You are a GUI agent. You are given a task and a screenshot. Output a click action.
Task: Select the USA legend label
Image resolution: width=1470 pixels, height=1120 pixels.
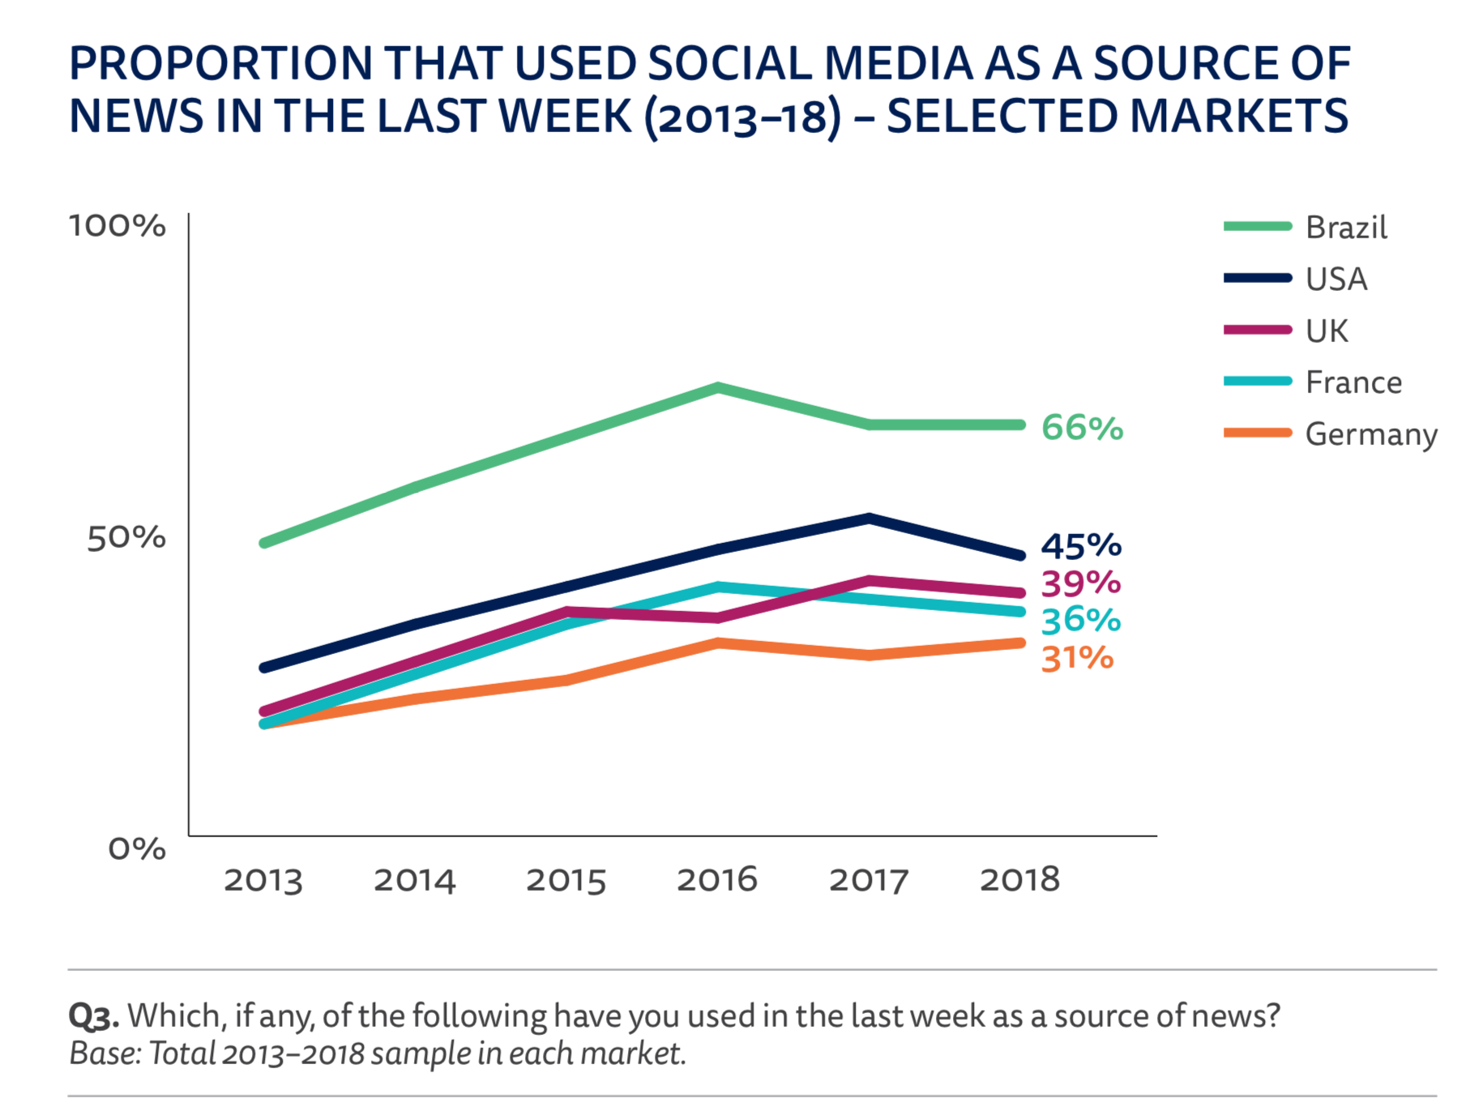[x=1335, y=280]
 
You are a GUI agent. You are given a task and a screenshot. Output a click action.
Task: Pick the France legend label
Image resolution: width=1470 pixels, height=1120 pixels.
[x=1352, y=383]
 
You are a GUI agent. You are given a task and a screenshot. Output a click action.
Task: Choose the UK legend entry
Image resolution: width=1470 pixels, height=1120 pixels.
[x=1327, y=331]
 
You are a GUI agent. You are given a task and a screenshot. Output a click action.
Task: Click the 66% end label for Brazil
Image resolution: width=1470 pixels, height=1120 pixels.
[x=1082, y=428]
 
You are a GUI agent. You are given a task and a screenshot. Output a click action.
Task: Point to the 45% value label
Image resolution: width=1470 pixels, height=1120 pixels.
[x=1080, y=546]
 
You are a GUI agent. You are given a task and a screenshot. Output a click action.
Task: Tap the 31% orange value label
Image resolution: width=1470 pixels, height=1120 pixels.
[x=1077, y=658]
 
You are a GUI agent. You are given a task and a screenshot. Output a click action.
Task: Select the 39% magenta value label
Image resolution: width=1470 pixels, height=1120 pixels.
[x=1080, y=584]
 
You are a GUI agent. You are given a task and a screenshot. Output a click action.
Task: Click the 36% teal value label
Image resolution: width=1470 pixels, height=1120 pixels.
[x=1080, y=621]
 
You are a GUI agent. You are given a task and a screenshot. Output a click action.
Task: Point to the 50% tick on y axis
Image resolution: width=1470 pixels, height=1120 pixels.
[x=126, y=537]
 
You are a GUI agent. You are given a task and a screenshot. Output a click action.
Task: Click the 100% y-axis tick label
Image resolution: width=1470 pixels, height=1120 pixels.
[x=118, y=226]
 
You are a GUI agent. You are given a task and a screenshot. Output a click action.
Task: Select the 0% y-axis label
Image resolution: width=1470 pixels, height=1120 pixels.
[x=136, y=849]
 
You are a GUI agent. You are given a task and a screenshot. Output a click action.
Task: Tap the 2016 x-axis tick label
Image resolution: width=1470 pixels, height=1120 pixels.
[x=716, y=880]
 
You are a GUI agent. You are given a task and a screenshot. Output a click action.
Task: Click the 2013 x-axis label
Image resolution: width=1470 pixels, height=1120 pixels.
[x=263, y=880]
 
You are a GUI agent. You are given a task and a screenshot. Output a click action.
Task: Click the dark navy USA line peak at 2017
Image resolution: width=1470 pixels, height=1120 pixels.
[x=869, y=519]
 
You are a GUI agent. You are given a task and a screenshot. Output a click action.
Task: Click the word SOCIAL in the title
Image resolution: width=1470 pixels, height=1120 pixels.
[x=729, y=63]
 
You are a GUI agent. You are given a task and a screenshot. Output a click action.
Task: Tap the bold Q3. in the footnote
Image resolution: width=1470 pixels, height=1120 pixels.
[x=93, y=1016]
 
